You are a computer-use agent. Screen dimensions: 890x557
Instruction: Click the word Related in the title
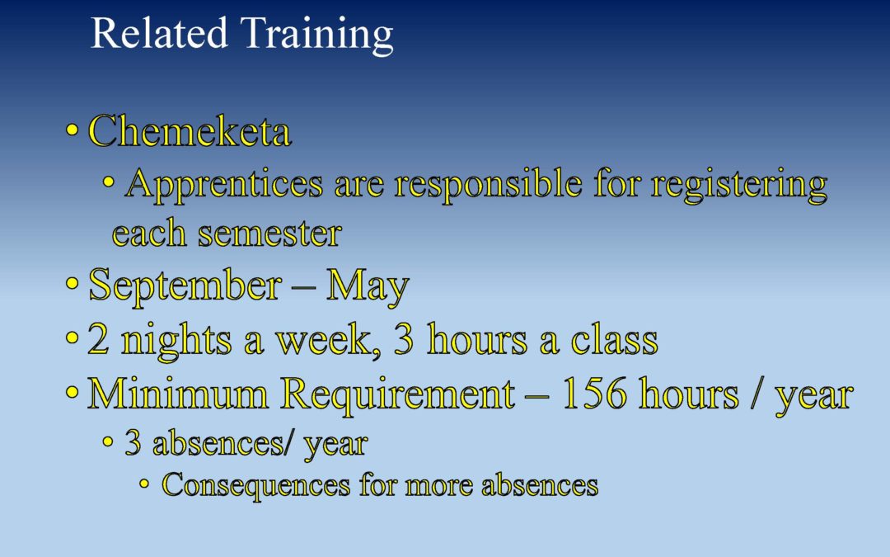click(159, 33)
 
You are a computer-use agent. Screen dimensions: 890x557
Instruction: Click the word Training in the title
click(316, 35)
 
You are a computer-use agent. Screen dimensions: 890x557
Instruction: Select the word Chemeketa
click(190, 130)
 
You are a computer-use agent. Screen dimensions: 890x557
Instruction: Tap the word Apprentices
click(224, 185)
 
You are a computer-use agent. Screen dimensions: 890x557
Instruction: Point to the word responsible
click(488, 185)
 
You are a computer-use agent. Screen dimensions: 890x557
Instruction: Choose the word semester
click(269, 234)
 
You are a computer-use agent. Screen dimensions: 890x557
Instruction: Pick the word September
click(185, 286)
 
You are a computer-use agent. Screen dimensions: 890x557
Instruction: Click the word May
click(368, 286)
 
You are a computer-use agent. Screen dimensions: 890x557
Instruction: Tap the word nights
click(176, 341)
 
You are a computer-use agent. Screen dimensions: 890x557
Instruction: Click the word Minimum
click(178, 394)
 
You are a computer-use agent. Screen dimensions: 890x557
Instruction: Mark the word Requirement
click(398, 395)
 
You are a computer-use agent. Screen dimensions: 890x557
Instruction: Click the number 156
click(594, 394)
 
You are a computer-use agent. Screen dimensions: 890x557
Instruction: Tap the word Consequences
click(256, 485)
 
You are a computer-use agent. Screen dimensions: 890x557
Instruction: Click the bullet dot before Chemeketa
click(72, 130)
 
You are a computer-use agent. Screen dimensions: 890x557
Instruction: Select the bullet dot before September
click(72, 283)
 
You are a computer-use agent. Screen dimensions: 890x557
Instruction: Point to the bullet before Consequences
click(144, 484)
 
